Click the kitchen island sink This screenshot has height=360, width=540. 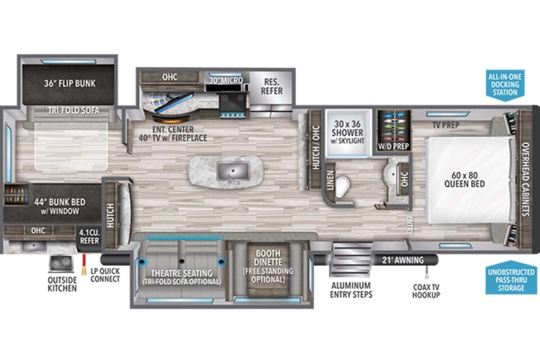coord(233,171)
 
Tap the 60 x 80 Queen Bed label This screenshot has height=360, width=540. coord(464,180)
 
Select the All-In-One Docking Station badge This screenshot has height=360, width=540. coord(505,85)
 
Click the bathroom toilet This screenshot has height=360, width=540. coord(342,186)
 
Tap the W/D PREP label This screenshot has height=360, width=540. coord(393,146)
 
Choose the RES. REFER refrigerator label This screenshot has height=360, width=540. coord(272,86)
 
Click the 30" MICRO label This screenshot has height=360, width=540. coord(226,80)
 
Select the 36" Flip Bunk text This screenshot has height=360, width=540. coord(70,83)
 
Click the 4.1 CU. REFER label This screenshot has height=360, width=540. coord(89,237)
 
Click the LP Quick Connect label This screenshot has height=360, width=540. coord(105,275)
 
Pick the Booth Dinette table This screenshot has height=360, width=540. coord(268,270)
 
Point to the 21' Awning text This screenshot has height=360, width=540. coord(403,260)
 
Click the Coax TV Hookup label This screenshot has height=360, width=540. coord(426,291)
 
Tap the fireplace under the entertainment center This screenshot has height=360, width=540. coord(171,119)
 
